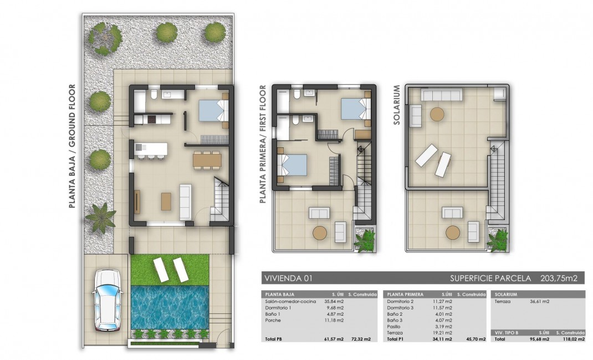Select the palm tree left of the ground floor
coord(100,217)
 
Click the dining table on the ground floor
coord(207,160)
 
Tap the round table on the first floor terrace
coord(320,233)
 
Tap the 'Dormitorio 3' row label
coord(400,307)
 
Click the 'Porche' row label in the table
coord(273,320)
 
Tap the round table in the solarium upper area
coord(437,114)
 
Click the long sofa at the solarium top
coord(442,95)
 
